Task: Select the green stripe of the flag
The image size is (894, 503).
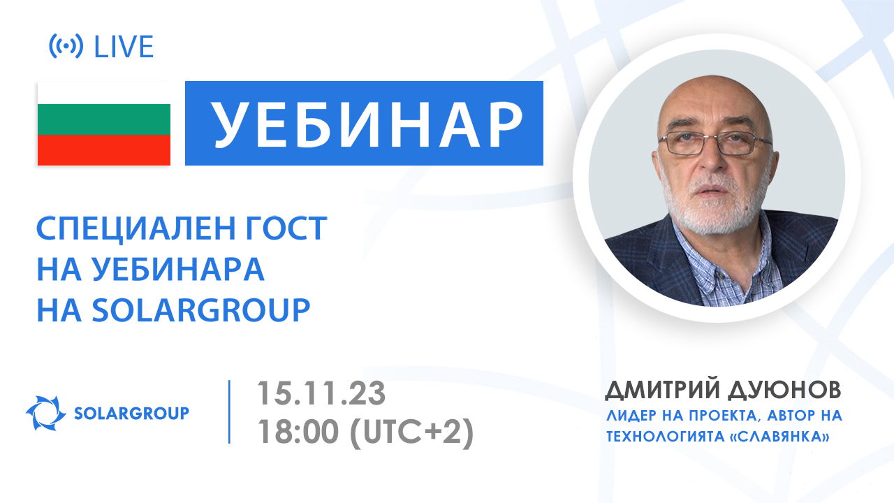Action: coord(104,119)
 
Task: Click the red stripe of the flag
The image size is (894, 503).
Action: coord(104,150)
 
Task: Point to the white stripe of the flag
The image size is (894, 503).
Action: coord(104,93)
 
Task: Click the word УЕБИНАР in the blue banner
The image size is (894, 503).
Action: coord(365,124)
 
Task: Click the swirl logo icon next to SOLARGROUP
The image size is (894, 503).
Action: coord(45,413)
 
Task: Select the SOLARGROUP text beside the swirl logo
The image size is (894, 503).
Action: coord(131,414)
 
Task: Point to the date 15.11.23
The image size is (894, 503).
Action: coord(321,393)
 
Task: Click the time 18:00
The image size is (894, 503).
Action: coord(298,433)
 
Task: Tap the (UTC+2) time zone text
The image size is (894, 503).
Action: coord(412,433)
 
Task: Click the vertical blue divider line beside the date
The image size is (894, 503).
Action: coord(229,411)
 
